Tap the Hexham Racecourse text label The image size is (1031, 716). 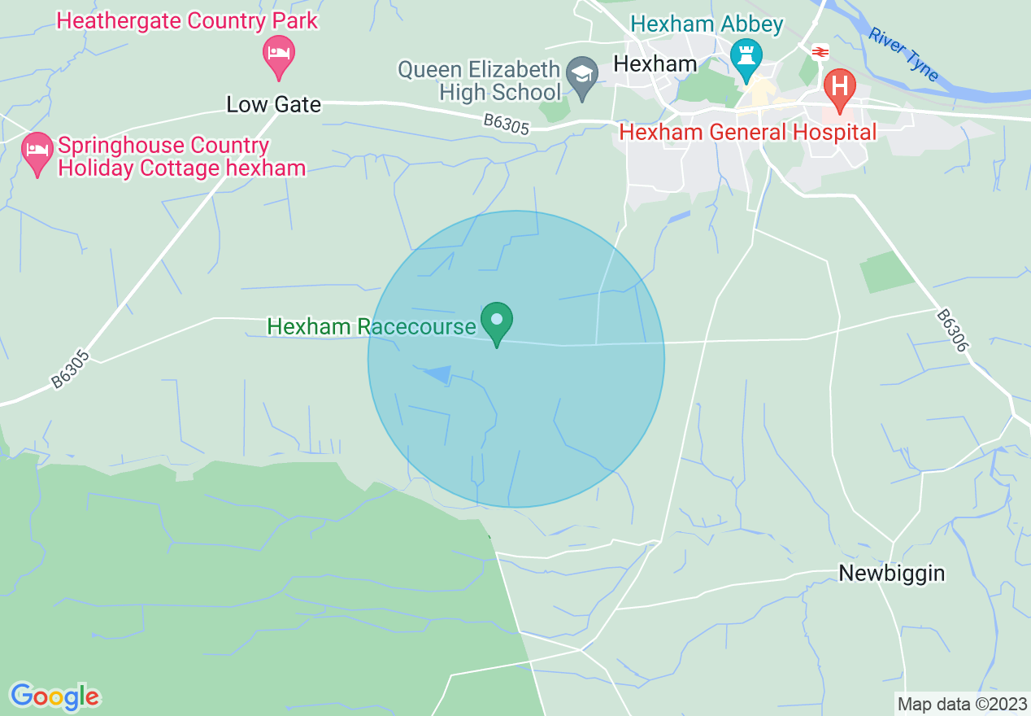pyautogui.click(x=371, y=327)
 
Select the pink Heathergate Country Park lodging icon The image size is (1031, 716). pyautogui.click(x=279, y=55)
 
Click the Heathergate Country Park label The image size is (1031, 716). pyautogui.click(x=187, y=20)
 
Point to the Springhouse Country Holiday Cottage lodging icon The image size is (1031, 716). pyautogui.click(x=37, y=154)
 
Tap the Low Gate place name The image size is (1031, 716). pyautogui.click(x=273, y=104)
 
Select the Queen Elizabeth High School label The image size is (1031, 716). pyautogui.click(x=479, y=81)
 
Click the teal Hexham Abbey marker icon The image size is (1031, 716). pyautogui.click(x=745, y=58)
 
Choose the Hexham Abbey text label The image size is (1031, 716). pyautogui.click(x=707, y=24)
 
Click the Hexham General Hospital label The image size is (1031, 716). pyautogui.click(x=748, y=132)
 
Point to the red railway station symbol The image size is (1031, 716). pyautogui.click(x=820, y=52)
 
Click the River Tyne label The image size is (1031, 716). pyautogui.click(x=903, y=55)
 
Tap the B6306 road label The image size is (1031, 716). pyautogui.click(x=952, y=330)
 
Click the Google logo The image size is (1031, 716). pyautogui.click(x=54, y=696)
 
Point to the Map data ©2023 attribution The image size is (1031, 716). pyautogui.click(x=961, y=703)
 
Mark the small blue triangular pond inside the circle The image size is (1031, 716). pyautogui.click(x=440, y=373)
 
